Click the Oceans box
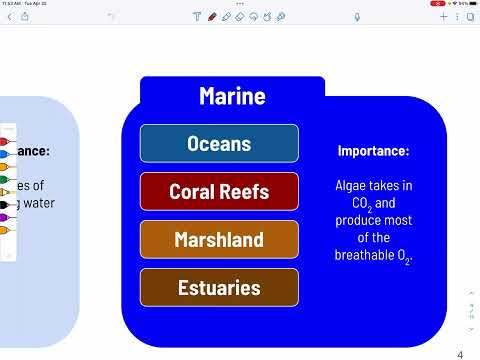[219, 144]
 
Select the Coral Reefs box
[219, 191]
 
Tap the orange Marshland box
[219, 240]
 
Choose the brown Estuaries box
[219, 288]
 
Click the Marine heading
[232, 96]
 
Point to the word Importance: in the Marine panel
[373, 151]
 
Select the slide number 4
[460, 355]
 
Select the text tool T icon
[197, 17]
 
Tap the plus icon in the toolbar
[442, 17]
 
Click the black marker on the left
[3, 204]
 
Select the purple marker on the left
[3, 217]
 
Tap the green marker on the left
[3, 167]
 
